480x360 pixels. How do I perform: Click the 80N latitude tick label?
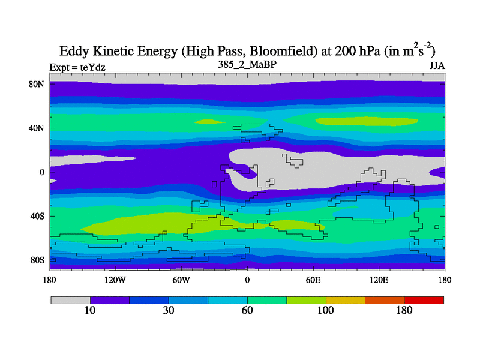(x=37, y=84)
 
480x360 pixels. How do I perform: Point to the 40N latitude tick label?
(x=37, y=128)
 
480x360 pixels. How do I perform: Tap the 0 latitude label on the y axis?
(x=42, y=172)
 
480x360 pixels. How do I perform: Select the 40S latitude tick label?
(x=37, y=216)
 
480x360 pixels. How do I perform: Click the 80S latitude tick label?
(x=37, y=260)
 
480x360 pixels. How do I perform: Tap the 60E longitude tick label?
(x=313, y=280)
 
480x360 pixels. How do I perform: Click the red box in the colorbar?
(x=424, y=299)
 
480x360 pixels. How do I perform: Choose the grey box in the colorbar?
(x=70, y=299)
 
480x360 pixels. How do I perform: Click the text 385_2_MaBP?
(x=247, y=63)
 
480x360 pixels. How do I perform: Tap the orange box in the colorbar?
(x=385, y=299)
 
